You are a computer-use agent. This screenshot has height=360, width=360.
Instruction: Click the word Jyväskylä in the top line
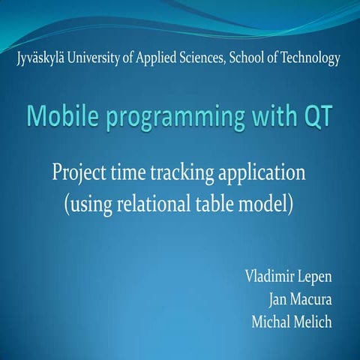(x=40, y=58)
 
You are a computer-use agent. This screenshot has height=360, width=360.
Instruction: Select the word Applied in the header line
(x=155, y=58)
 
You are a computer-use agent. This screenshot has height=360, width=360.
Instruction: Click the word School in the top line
(x=248, y=58)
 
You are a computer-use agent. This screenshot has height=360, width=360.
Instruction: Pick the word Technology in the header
(x=310, y=58)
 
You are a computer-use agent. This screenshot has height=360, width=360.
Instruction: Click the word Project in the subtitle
(x=80, y=174)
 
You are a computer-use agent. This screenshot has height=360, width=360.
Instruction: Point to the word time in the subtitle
(x=130, y=174)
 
